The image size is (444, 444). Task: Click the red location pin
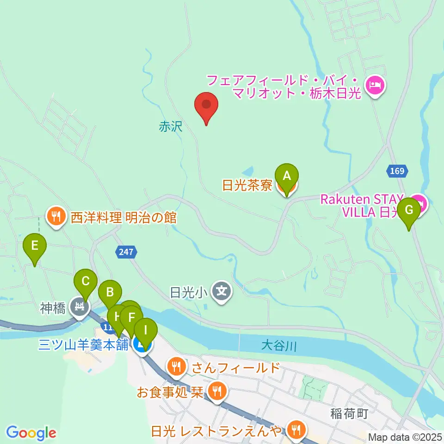point(206,106)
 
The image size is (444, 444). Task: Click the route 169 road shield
point(396,171)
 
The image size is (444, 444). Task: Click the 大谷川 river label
point(277,345)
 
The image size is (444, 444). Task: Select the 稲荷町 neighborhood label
point(349,413)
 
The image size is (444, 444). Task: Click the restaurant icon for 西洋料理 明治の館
point(56,216)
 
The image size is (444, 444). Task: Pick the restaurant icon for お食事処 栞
point(216,392)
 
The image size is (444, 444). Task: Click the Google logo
point(31,433)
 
